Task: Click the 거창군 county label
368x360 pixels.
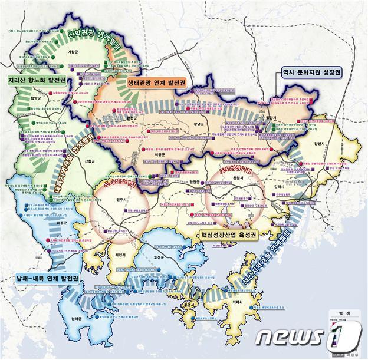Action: (73, 52)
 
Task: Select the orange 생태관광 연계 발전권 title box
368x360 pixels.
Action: (156, 83)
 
